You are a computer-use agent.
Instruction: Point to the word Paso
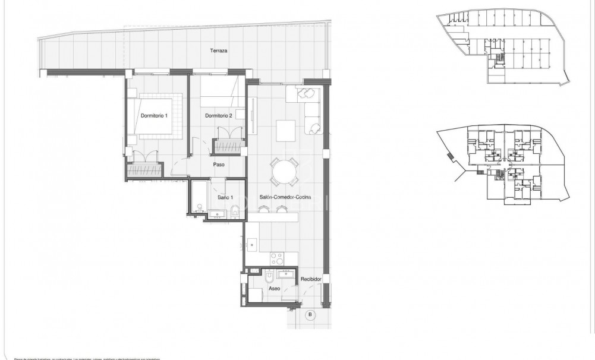click(x=218, y=165)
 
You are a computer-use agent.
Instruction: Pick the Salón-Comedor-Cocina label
click(x=285, y=197)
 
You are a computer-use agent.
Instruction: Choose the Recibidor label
click(x=311, y=279)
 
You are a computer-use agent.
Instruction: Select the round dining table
click(x=285, y=173)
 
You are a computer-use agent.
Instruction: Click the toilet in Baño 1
click(x=234, y=210)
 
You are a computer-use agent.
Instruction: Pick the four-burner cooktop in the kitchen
click(x=278, y=258)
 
